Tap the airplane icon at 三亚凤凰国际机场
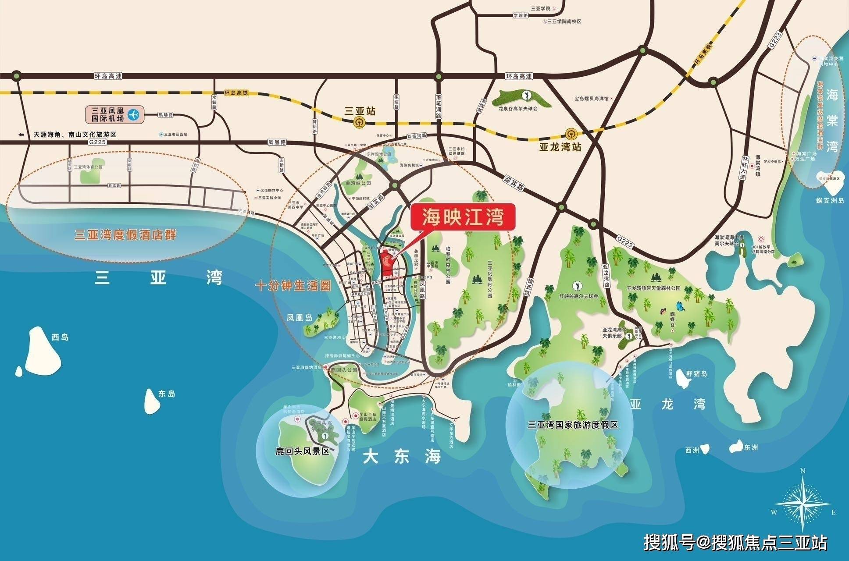tap(133, 115)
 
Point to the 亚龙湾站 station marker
tap(571, 133)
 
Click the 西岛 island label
tap(60, 337)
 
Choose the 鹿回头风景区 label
tap(299, 451)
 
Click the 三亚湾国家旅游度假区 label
tap(573, 425)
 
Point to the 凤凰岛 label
tap(300, 317)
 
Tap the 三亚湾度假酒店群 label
tap(126, 235)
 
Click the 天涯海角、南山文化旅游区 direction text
tap(75, 135)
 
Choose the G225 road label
tap(94, 142)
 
